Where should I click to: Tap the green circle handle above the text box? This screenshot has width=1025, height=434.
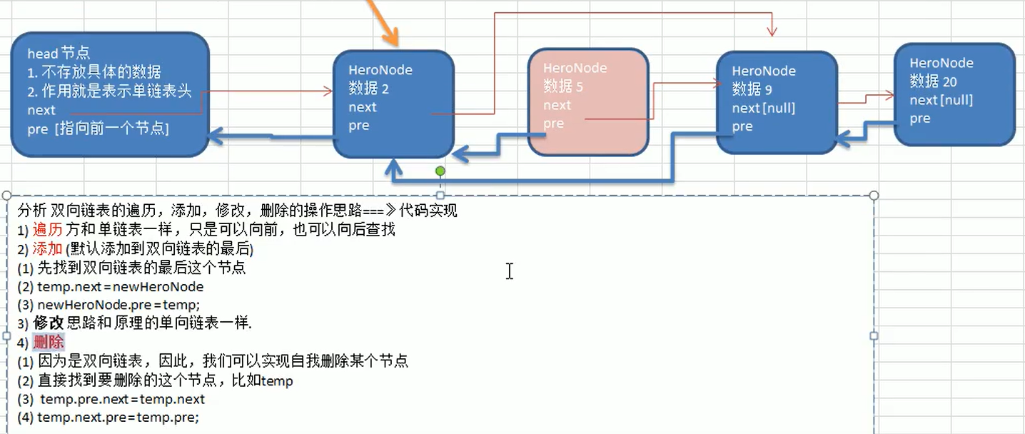[x=440, y=171]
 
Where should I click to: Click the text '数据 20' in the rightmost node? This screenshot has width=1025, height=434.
[x=933, y=82]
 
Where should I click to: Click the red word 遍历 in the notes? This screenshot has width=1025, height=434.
[x=48, y=230]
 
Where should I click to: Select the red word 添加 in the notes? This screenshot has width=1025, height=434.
[x=48, y=249]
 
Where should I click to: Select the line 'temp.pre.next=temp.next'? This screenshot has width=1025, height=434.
[x=122, y=399]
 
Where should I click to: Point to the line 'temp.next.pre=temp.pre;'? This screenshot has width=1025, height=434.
[x=118, y=418]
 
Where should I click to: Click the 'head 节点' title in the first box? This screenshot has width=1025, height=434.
[x=59, y=54]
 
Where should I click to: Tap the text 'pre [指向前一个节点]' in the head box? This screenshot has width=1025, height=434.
[x=98, y=129]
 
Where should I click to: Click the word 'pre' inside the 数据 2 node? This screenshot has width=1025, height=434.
[x=359, y=126]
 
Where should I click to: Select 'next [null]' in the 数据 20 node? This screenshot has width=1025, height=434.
[x=941, y=101]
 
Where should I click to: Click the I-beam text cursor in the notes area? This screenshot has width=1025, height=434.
[x=509, y=271]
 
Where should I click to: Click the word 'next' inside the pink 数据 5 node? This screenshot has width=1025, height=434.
[x=557, y=106]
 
